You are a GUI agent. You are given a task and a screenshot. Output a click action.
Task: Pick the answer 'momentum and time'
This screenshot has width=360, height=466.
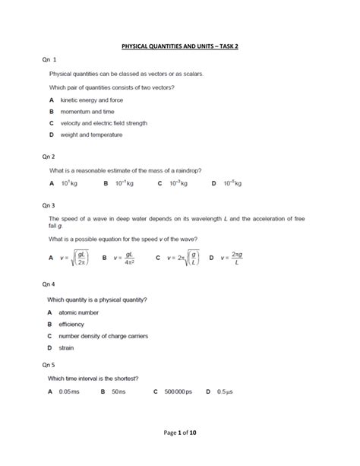[x=83, y=112]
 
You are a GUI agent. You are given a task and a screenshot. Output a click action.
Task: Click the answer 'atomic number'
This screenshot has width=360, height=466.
[x=78, y=312]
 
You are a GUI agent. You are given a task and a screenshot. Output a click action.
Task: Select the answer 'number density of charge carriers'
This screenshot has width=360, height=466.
[x=103, y=335]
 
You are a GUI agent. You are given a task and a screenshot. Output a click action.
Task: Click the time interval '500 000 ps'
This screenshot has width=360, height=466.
[x=179, y=392]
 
